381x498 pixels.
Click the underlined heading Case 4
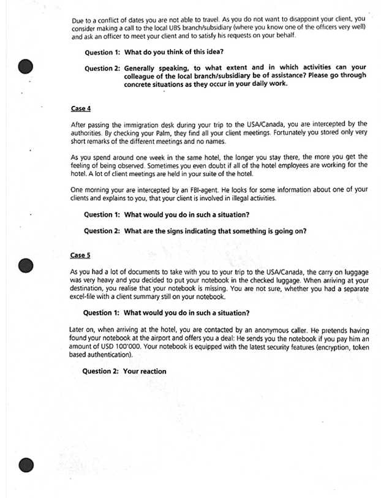(81, 108)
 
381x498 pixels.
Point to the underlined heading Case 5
(80, 254)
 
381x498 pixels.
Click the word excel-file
(85, 297)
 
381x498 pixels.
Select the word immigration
(132, 124)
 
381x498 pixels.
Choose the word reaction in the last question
(153, 371)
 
